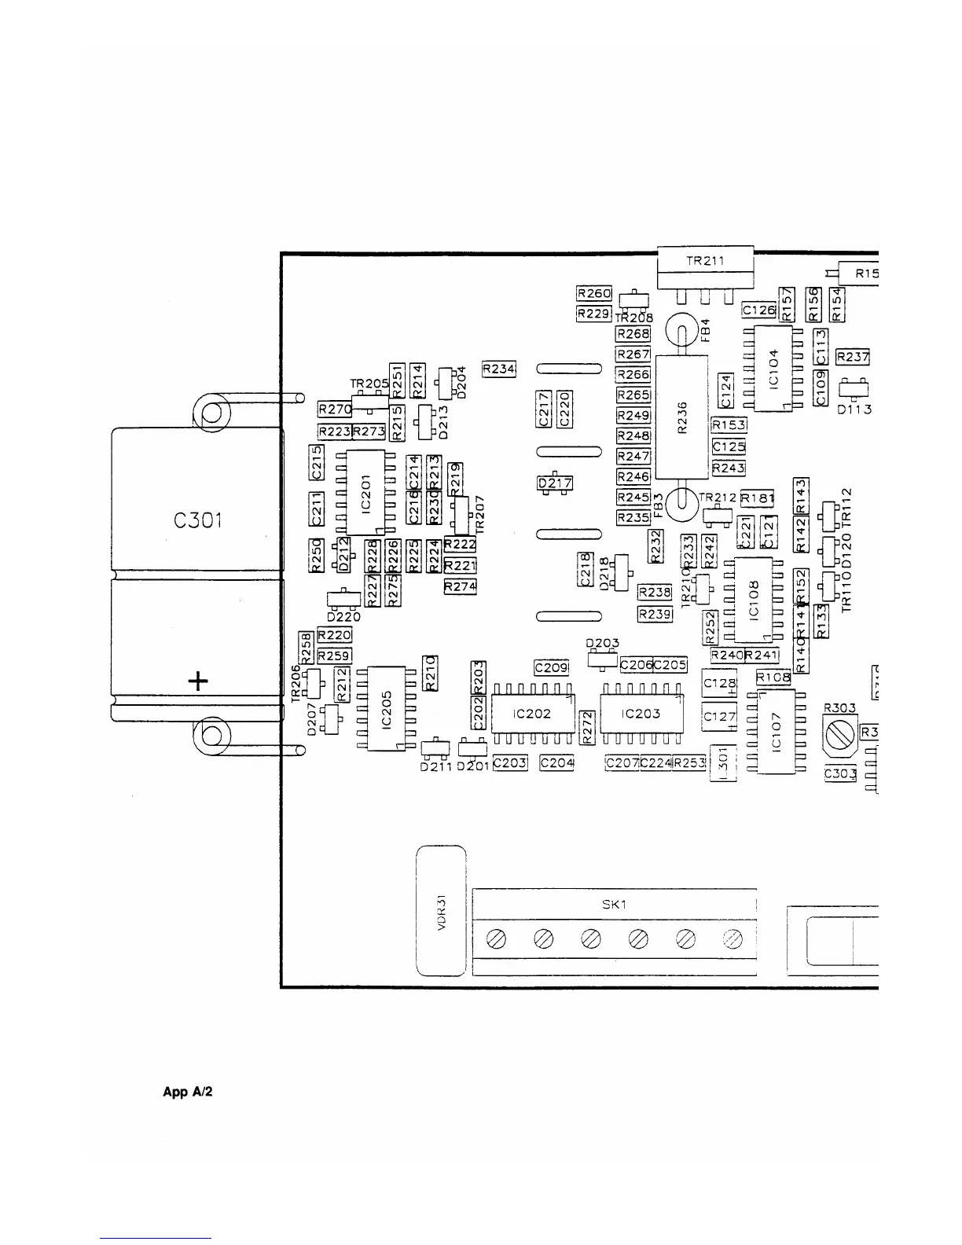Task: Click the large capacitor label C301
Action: point(197,520)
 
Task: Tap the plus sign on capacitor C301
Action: point(198,681)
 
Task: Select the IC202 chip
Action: point(531,714)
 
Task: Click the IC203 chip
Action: point(641,714)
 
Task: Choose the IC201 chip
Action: point(365,493)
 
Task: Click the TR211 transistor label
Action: point(705,262)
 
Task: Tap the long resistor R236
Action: point(681,417)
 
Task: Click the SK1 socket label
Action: point(614,904)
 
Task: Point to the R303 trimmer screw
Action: point(841,734)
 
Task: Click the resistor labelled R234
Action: point(498,369)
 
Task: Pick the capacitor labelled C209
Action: point(551,667)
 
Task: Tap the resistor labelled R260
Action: point(594,293)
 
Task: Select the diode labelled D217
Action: point(555,483)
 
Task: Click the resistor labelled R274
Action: point(460,586)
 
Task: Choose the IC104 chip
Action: point(773,368)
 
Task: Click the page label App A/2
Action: point(188,1092)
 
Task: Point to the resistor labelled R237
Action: point(853,357)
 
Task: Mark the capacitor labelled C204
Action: point(556,762)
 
